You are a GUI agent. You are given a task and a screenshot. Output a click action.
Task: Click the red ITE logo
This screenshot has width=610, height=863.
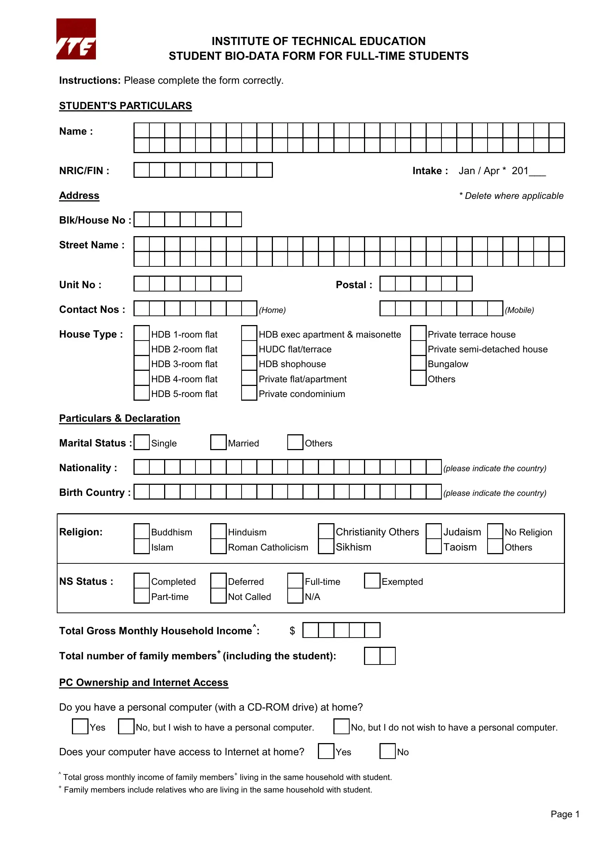[x=76, y=39]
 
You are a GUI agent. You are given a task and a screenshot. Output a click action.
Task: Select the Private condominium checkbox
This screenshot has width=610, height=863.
[x=249, y=393]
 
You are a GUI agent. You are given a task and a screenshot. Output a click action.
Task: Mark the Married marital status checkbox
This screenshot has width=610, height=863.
[x=218, y=442]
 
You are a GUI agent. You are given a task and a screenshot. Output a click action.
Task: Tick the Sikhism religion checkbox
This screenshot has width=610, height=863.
[x=326, y=546]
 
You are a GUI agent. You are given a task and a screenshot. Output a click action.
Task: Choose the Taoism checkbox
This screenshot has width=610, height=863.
[x=433, y=546]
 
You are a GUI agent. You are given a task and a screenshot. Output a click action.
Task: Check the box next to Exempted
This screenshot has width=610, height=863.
[x=372, y=581]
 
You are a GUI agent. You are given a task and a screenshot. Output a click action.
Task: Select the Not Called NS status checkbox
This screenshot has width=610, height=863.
[x=218, y=596]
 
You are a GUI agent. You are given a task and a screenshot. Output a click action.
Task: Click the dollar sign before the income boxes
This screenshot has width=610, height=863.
[x=292, y=631]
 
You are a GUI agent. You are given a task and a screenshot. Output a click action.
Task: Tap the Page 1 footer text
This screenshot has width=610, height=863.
[x=565, y=814]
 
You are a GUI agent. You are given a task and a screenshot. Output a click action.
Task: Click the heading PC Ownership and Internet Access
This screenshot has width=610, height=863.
[x=143, y=682]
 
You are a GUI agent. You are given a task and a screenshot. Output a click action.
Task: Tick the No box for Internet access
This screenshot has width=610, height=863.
[x=387, y=751]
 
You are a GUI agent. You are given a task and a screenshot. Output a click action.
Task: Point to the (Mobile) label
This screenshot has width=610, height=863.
[x=519, y=310]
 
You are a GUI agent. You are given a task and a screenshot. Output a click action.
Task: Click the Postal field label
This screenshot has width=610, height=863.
[x=354, y=284]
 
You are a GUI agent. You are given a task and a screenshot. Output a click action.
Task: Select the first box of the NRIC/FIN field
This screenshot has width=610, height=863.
[x=142, y=170]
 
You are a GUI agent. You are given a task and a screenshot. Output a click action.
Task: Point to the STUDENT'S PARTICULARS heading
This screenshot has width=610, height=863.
[x=125, y=106]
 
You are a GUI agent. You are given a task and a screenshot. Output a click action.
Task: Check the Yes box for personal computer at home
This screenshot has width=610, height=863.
[x=80, y=726]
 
